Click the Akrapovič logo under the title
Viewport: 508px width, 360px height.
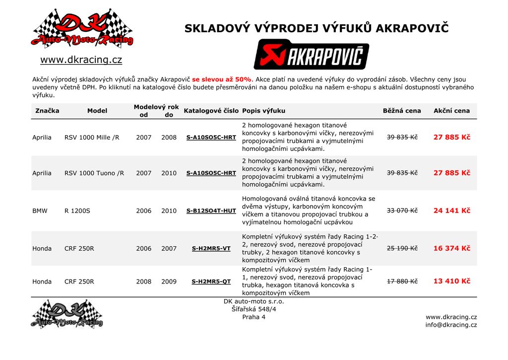pos(311,55)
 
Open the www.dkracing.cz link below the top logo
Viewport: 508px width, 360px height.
pos(81,60)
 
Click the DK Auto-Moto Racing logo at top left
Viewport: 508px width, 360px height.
pos(82,29)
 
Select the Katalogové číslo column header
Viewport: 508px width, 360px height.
pos(211,111)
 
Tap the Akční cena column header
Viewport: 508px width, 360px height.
pos(451,111)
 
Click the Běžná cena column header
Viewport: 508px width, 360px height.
pos(402,111)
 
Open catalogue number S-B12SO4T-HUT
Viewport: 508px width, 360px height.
pos(211,211)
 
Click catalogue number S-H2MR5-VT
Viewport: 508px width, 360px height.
pos(211,248)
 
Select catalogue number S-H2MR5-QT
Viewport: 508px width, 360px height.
pos(211,282)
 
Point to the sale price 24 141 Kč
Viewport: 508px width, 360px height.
pos(451,211)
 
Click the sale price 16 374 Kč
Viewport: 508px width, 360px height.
pos(451,248)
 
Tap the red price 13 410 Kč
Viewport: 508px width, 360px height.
pos(451,281)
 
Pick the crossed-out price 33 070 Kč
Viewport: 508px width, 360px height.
pos(402,211)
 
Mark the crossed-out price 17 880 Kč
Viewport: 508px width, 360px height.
pos(402,282)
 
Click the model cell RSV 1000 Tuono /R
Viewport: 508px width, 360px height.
pos(94,173)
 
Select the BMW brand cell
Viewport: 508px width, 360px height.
pos(40,211)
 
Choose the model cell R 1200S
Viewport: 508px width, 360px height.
pos(77,211)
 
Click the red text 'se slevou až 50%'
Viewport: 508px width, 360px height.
pos(222,79)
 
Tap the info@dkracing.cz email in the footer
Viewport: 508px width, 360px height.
pos(451,325)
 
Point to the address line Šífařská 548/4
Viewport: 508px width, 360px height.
pos(254,309)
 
